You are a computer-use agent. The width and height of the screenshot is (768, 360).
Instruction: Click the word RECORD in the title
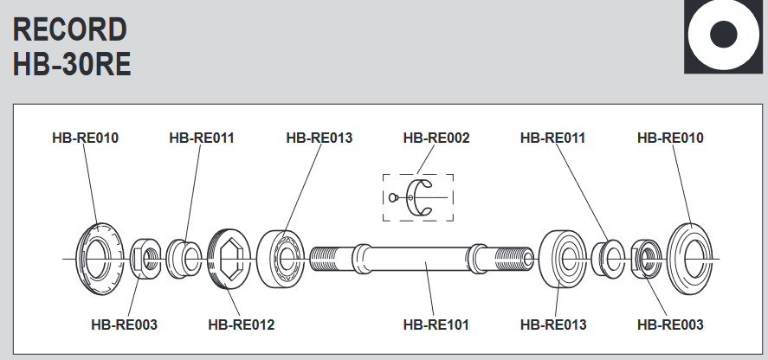point(70,29)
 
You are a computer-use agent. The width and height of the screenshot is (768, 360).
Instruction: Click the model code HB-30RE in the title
point(72,65)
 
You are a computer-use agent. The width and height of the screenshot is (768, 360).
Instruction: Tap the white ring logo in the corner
point(723,36)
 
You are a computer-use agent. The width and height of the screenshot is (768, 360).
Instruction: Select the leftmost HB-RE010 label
point(85,138)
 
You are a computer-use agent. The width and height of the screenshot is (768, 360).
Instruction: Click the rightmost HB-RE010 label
point(670,138)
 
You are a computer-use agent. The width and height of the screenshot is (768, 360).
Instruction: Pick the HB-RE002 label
point(436,138)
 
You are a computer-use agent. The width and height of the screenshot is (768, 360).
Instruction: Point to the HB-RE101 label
point(436,325)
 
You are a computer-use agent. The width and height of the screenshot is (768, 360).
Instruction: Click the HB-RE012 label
point(242,325)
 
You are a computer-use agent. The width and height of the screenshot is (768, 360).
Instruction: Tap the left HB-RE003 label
point(124,325)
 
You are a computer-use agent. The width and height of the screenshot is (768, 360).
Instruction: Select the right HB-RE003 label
point(670,325)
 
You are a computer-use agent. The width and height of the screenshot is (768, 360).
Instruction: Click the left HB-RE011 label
point(202,138)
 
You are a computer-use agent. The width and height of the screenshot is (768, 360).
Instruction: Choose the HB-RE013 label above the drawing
point(319,138)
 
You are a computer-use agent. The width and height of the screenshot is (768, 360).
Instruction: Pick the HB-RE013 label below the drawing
point(553,325)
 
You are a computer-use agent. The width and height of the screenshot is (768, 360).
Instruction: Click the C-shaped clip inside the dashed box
point(423,197)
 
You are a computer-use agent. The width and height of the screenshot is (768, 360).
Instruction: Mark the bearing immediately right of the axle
point(562,258)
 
